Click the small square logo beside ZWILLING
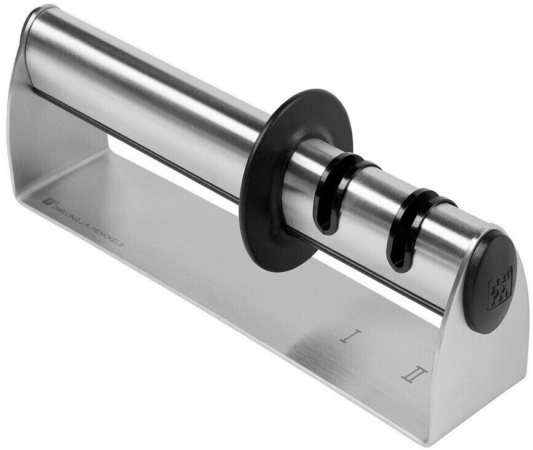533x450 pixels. tap(46, 200)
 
